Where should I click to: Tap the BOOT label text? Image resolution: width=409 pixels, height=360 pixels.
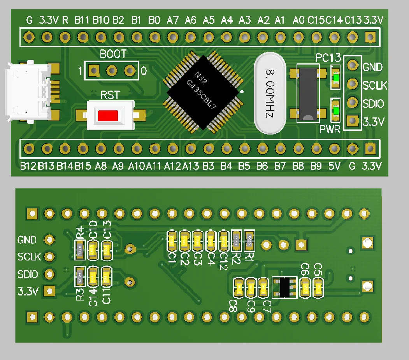(113, 54)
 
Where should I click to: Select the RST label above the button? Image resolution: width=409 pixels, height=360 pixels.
(110, 95)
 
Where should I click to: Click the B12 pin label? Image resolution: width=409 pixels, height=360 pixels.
(28, 167)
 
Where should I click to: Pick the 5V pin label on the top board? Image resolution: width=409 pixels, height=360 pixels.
(334, 167)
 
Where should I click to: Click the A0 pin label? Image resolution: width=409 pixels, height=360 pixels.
(298, 20)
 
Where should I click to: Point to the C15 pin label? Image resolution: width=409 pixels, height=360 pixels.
(316, 20)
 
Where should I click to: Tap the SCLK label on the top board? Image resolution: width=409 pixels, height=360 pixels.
(375, 86)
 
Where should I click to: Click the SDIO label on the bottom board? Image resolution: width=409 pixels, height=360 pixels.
(28, 274)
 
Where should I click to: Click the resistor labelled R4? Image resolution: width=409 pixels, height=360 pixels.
(80, 249)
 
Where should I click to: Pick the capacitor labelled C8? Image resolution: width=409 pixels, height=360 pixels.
(238, 288)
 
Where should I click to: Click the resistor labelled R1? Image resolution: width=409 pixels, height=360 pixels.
(249, 240)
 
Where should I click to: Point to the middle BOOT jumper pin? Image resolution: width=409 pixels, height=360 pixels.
(112, 71)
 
